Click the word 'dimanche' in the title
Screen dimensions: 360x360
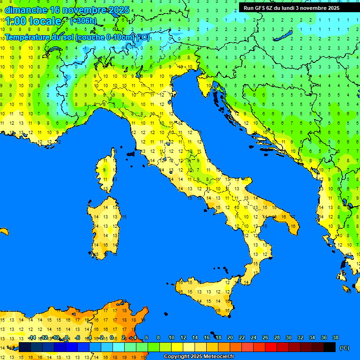point(25,10)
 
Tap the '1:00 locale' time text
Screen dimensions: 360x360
point(34,21)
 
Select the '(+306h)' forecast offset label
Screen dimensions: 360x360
point(84,21)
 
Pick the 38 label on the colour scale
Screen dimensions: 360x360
point(335,337)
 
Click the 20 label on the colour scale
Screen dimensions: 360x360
point(230,337)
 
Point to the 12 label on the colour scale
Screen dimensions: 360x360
point(183,337)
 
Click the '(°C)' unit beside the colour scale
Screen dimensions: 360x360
point(345,348)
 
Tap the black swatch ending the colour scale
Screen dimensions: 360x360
point(330,347)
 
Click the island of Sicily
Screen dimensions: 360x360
point(206,293)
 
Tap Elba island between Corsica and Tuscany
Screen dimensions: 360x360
point(130,154)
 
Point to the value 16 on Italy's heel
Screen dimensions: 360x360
point(293,226)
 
